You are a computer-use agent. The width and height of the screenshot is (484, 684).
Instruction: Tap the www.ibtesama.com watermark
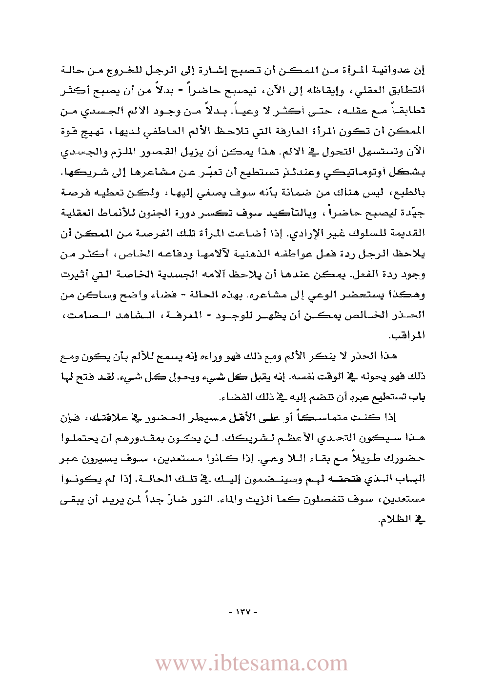[x=251, y=664]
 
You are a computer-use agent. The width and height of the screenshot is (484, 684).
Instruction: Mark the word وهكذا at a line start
[x=409, y=294]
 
